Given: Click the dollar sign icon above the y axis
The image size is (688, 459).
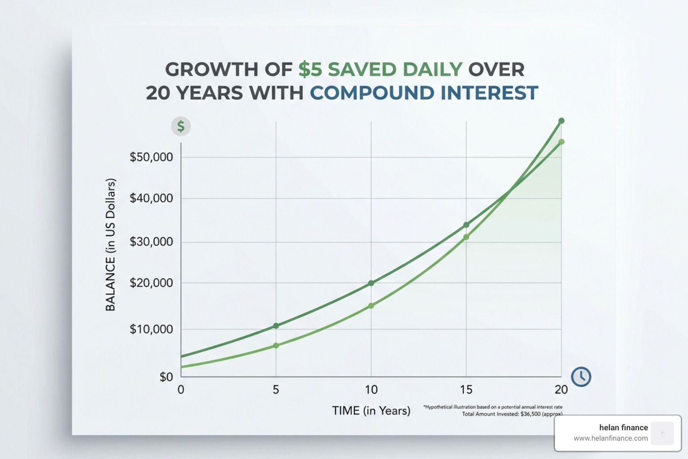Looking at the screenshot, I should pyautogui.click(x=181, y=126).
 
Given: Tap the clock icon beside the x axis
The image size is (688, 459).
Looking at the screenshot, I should pyautogui.click(x=581, y=377).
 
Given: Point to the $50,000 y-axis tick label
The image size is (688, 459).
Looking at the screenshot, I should pyautogui.click(x=151, y=157).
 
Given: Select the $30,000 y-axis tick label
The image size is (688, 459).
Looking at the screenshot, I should pyautogui.click(x=151, y=242).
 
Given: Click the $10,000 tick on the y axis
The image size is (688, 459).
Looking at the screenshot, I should pyautogui.click(x=151, y=329).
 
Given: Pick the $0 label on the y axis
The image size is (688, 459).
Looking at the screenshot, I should pyautogui.click(x=166, y=377).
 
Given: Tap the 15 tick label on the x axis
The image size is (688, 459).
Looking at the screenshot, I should pyautogui.click(x=466, y=390).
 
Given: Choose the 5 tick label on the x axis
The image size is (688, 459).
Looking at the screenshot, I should pyautogui.click(x=276, y=390).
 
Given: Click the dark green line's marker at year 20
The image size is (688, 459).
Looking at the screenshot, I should pyautogui.click(x=561, y=121).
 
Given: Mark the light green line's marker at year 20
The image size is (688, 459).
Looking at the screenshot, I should pyautogui.click(x=561, y=142).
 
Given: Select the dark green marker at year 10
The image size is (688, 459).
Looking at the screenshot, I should pyautogui.click(x=371, y=283).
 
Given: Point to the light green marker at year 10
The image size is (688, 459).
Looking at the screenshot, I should pyautogui.click(x=371, y=306).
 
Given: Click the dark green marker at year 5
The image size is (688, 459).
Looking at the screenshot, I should pyautogui.click(x=276, y=326).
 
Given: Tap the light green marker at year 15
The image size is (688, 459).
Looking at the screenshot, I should pyautogui.click(x=466, y=237).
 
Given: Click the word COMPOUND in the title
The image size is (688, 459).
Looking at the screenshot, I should pyautogui.click(x=372, y=93).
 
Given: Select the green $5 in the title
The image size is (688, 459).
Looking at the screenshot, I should pyautogui.click(x=310, y=69).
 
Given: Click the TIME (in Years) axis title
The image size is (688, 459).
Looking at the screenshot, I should pyautogui.click(x=371, y=411).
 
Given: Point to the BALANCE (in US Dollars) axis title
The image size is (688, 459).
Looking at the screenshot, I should pyautogui.click(x=110, y=245).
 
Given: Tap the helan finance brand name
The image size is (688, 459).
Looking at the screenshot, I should pyautogui.click(x=623, y=428).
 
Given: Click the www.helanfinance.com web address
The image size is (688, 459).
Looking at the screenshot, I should pyautogui.click(x=611, y=438).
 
